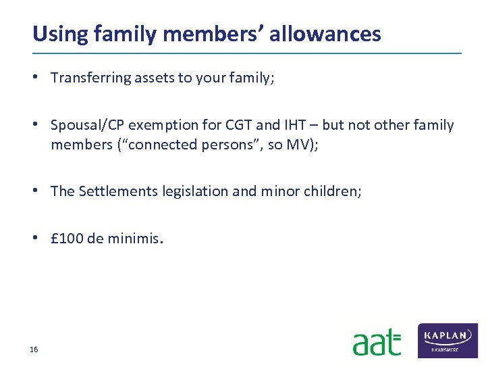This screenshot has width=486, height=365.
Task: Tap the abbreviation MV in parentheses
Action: click(x=299, y=145)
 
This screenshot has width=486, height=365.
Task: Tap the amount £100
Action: click(x=67, y=239)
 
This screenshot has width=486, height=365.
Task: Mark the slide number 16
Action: click(x=34, y=349)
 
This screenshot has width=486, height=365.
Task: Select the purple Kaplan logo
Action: click(x=448, y=340)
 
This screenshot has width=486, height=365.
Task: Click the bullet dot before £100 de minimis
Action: click(x=40, y=239)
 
